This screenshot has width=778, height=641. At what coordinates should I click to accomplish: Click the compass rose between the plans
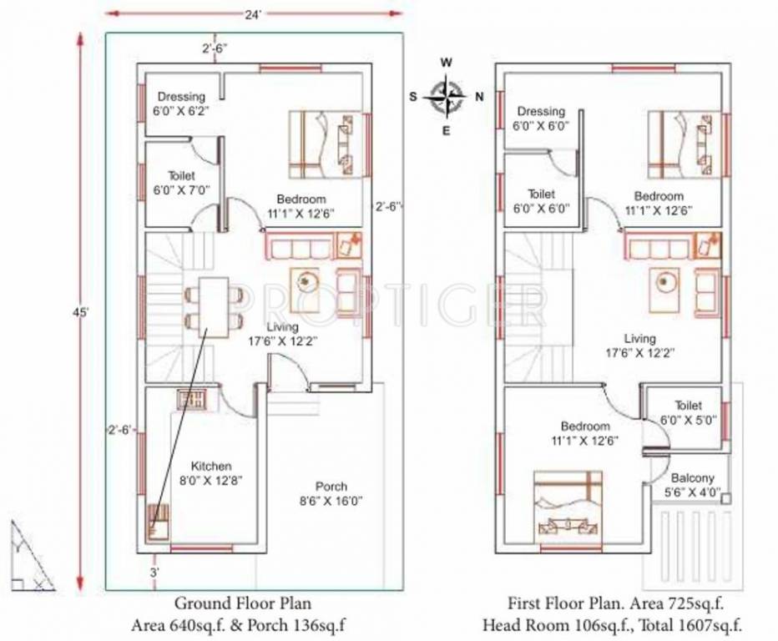[x=447, y=96]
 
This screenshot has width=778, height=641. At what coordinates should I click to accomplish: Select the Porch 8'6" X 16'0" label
[x=331, y=493]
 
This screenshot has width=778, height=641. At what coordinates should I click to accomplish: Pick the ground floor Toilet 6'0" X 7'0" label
[x=181, y=183]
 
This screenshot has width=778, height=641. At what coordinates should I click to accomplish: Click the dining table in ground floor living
[x=215, y=306]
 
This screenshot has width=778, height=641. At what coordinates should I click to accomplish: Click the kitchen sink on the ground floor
[x=191, y=398]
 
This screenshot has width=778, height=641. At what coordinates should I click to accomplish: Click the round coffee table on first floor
[x=664, y=282]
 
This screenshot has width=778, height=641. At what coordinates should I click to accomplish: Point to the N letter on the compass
[x=479, y=97]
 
